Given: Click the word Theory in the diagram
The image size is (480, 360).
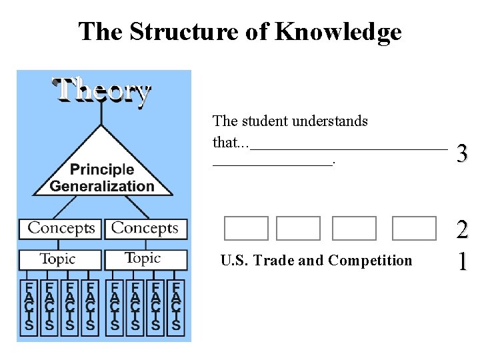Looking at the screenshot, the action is [102, 91].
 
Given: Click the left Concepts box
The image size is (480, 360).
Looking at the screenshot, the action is [61, 229].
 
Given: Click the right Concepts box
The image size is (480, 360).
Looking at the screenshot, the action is [145, 229].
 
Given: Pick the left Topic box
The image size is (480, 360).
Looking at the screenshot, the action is [59, 259].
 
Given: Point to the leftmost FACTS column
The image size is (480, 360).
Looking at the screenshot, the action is [29, 307].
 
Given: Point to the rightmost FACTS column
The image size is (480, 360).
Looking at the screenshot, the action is [176, 307].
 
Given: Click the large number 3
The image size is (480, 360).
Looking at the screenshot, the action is [462, 155].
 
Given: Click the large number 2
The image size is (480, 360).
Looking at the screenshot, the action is [462, 231].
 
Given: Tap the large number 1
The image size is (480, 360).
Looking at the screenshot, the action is [462, 261].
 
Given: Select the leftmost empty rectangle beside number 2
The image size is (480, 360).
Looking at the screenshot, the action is [246, 229].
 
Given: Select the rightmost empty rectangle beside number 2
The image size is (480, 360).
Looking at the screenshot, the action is [414, 229].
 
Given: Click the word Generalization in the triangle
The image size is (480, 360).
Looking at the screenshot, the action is [102, 187].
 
